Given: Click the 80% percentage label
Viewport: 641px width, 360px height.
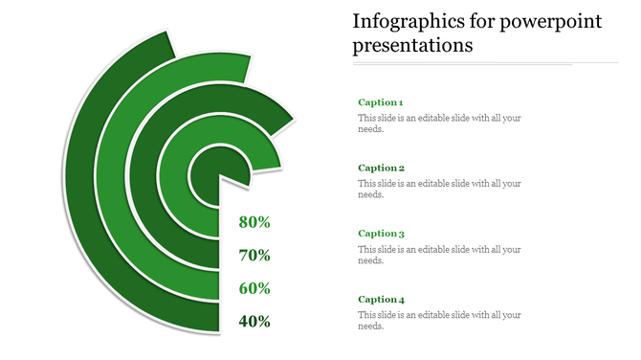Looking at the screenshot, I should (254, 222).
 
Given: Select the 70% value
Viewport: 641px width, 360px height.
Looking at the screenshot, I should (254, 256).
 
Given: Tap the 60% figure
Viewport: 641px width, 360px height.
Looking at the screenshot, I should (254, 288).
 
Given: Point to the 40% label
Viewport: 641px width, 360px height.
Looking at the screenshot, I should (254, 322).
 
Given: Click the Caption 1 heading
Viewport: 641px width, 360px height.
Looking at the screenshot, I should (381, 102).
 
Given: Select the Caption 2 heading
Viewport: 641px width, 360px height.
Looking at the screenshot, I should (381, 168).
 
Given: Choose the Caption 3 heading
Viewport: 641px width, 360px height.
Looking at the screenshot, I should (381, 233).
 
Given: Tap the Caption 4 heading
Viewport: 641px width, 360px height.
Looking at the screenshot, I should (381, 299).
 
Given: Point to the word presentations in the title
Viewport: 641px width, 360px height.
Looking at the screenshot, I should (412, 45).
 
